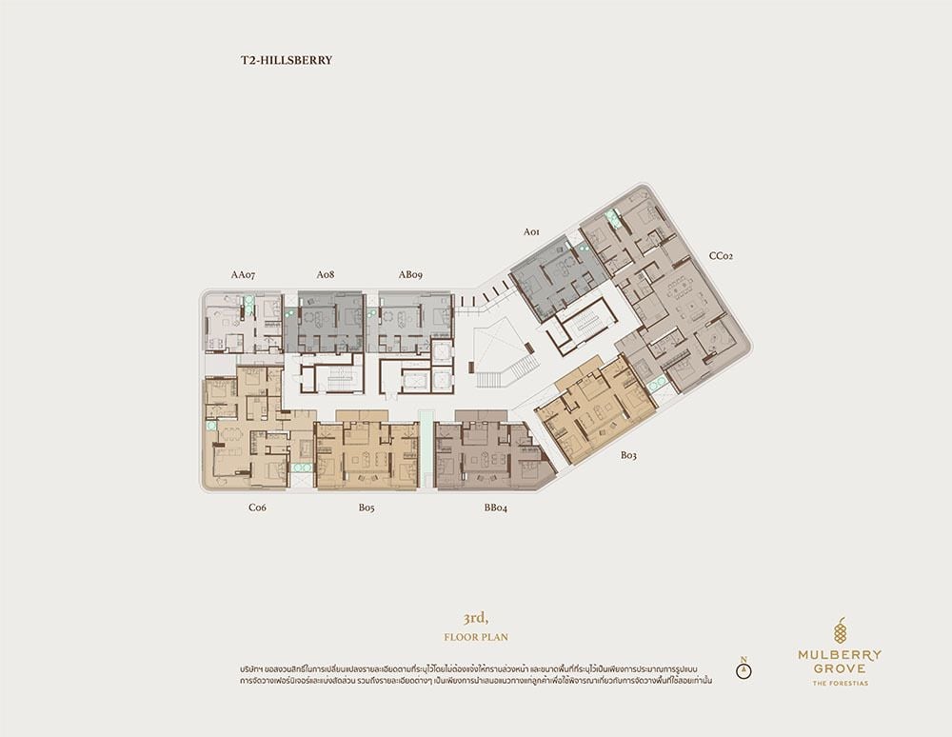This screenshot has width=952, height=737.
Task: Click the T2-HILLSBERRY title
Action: click(x=286, y=60)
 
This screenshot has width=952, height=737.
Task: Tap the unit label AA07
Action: click(x=243, y=275)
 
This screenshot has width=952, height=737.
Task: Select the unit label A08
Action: click(x=326, y=275)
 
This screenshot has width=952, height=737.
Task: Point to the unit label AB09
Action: click(x=410, y=275)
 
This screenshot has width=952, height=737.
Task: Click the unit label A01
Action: click(x=531, y=232)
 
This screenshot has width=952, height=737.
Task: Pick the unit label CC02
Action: click(x=722, y=256)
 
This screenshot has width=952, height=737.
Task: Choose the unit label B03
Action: click(x=628, y=455)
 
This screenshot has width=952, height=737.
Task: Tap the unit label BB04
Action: click(x=495, y=508)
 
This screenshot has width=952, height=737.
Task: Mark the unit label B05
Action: click(x=367, y=508)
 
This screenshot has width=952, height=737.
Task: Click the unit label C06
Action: click(x=257, y=508)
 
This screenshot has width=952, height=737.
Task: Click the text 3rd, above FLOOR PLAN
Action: click(x=475, y=619)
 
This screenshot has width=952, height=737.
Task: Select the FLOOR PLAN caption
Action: click(x=476, y=637)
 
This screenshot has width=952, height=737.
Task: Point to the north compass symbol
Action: click(x=744, y=667)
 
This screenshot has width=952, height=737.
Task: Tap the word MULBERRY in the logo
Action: click(x=840, y=656)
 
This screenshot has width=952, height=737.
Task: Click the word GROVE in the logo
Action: click(x=840, y=669)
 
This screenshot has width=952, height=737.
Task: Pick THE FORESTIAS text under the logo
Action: click(x=841, y=683)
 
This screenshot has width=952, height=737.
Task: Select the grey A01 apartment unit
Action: click(x=557, y=278)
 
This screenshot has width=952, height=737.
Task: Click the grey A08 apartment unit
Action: click(x=325, y=322)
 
